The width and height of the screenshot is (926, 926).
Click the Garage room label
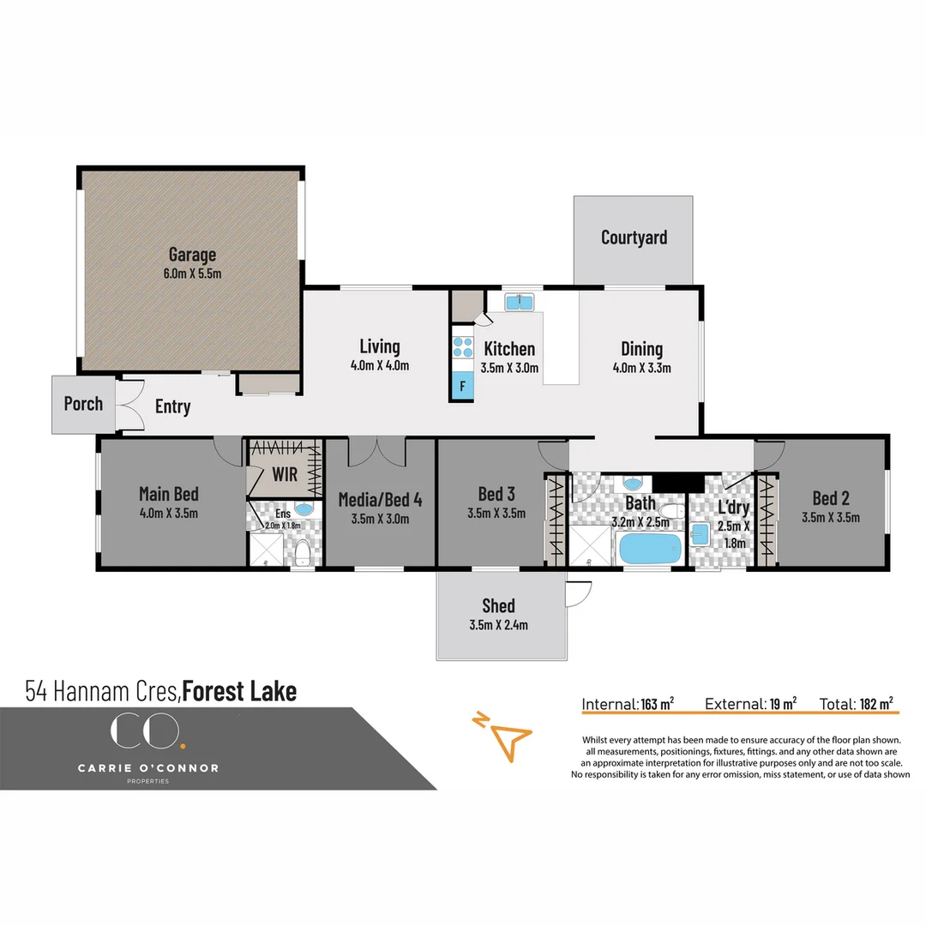point(192,255)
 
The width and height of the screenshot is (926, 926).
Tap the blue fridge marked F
point(462,387)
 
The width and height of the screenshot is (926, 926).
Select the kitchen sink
point(519,302)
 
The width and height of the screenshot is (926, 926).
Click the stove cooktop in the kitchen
point(462,346)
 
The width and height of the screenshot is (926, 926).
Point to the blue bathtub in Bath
point(649,548)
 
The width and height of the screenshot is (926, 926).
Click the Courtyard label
point(634,238)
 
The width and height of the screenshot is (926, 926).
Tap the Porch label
point(83,404)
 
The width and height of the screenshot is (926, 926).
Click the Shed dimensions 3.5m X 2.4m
point(498,625)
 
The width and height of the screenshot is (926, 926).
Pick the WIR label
point(284,474)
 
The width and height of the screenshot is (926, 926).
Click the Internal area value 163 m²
point(657,704)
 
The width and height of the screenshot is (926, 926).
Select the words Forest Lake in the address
point(239,691)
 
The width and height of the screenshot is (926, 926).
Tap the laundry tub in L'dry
point(701,534)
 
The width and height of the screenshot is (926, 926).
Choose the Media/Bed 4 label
point(380,499)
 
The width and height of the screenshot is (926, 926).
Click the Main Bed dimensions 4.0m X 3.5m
point(169,513)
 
